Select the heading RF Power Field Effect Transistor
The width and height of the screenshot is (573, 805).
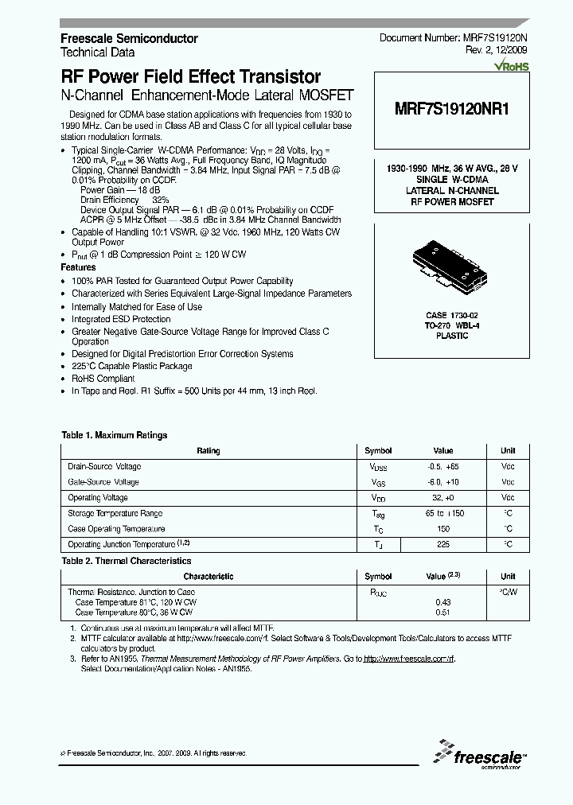[191, 77]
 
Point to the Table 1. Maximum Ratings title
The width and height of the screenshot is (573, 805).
[115, 435]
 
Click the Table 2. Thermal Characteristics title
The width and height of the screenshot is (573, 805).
[126, 561]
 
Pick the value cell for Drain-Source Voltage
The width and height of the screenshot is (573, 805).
[442, 466]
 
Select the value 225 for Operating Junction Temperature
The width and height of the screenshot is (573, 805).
[442, 544]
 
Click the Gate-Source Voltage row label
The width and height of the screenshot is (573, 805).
[103, 482]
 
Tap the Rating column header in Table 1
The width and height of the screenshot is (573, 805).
[209, 451]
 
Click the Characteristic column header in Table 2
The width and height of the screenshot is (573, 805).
[209, 577]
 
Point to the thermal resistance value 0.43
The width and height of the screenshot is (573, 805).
[442, 601]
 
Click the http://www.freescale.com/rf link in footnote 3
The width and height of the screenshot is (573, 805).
[408, 659]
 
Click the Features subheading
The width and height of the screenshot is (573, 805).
[79, 268]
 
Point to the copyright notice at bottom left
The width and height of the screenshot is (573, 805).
[154, 752]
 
